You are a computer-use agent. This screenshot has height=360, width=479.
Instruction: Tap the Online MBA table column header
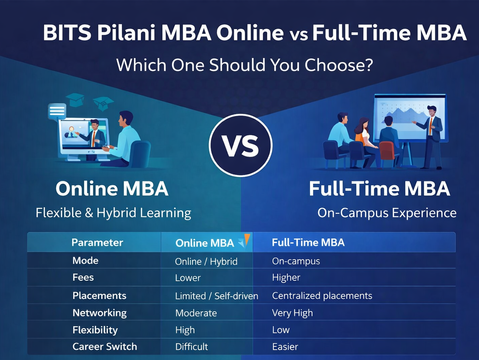[x=205, y=243]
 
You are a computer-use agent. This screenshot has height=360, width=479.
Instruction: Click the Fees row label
[x=84, y=278]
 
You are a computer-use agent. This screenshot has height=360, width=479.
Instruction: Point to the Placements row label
[x=99, y=295]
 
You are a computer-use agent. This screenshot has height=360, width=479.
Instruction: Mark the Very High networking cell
[x=295, y=312]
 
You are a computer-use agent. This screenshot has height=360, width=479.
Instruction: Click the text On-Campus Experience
[x=372, y=212]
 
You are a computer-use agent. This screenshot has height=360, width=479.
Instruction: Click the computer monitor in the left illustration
[x=87, y=139]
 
